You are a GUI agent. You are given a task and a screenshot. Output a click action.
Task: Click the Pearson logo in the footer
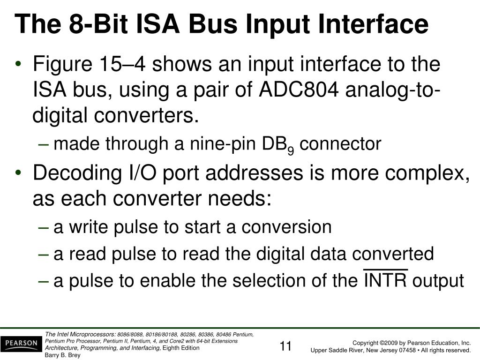click(x=22, y=344)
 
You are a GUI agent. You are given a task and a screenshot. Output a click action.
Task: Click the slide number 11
click(x=285, y=347)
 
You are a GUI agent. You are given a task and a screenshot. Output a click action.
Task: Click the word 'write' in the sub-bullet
click(x=84, y=227)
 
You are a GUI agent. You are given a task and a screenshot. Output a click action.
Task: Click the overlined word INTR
click(x=386, y=280)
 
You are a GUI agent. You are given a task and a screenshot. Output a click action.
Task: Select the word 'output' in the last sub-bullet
click(x=438, y=281)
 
